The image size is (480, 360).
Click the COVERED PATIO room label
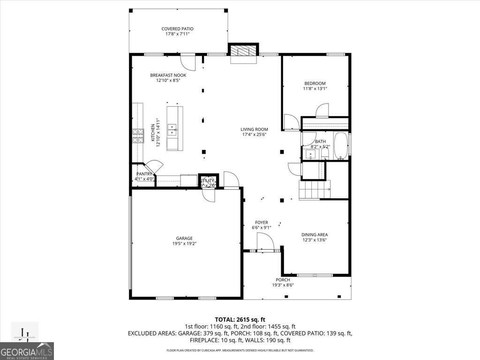pos(177,29)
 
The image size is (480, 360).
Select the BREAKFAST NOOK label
pos(168,75)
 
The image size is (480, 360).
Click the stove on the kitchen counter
pos(138,135)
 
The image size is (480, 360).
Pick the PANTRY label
pos(144,174)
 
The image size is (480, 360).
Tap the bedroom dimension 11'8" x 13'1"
pos(315,89)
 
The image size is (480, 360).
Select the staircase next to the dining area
pos(315,189)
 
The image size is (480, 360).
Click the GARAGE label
pos(184,239)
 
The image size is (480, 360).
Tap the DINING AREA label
pos(314,235)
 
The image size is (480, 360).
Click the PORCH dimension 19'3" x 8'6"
pos(283,285)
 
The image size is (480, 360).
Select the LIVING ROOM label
pos(254,129)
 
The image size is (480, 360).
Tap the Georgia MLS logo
pos(27,351)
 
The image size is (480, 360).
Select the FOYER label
pos(261,223)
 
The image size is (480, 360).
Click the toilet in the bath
pos(325,153)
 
